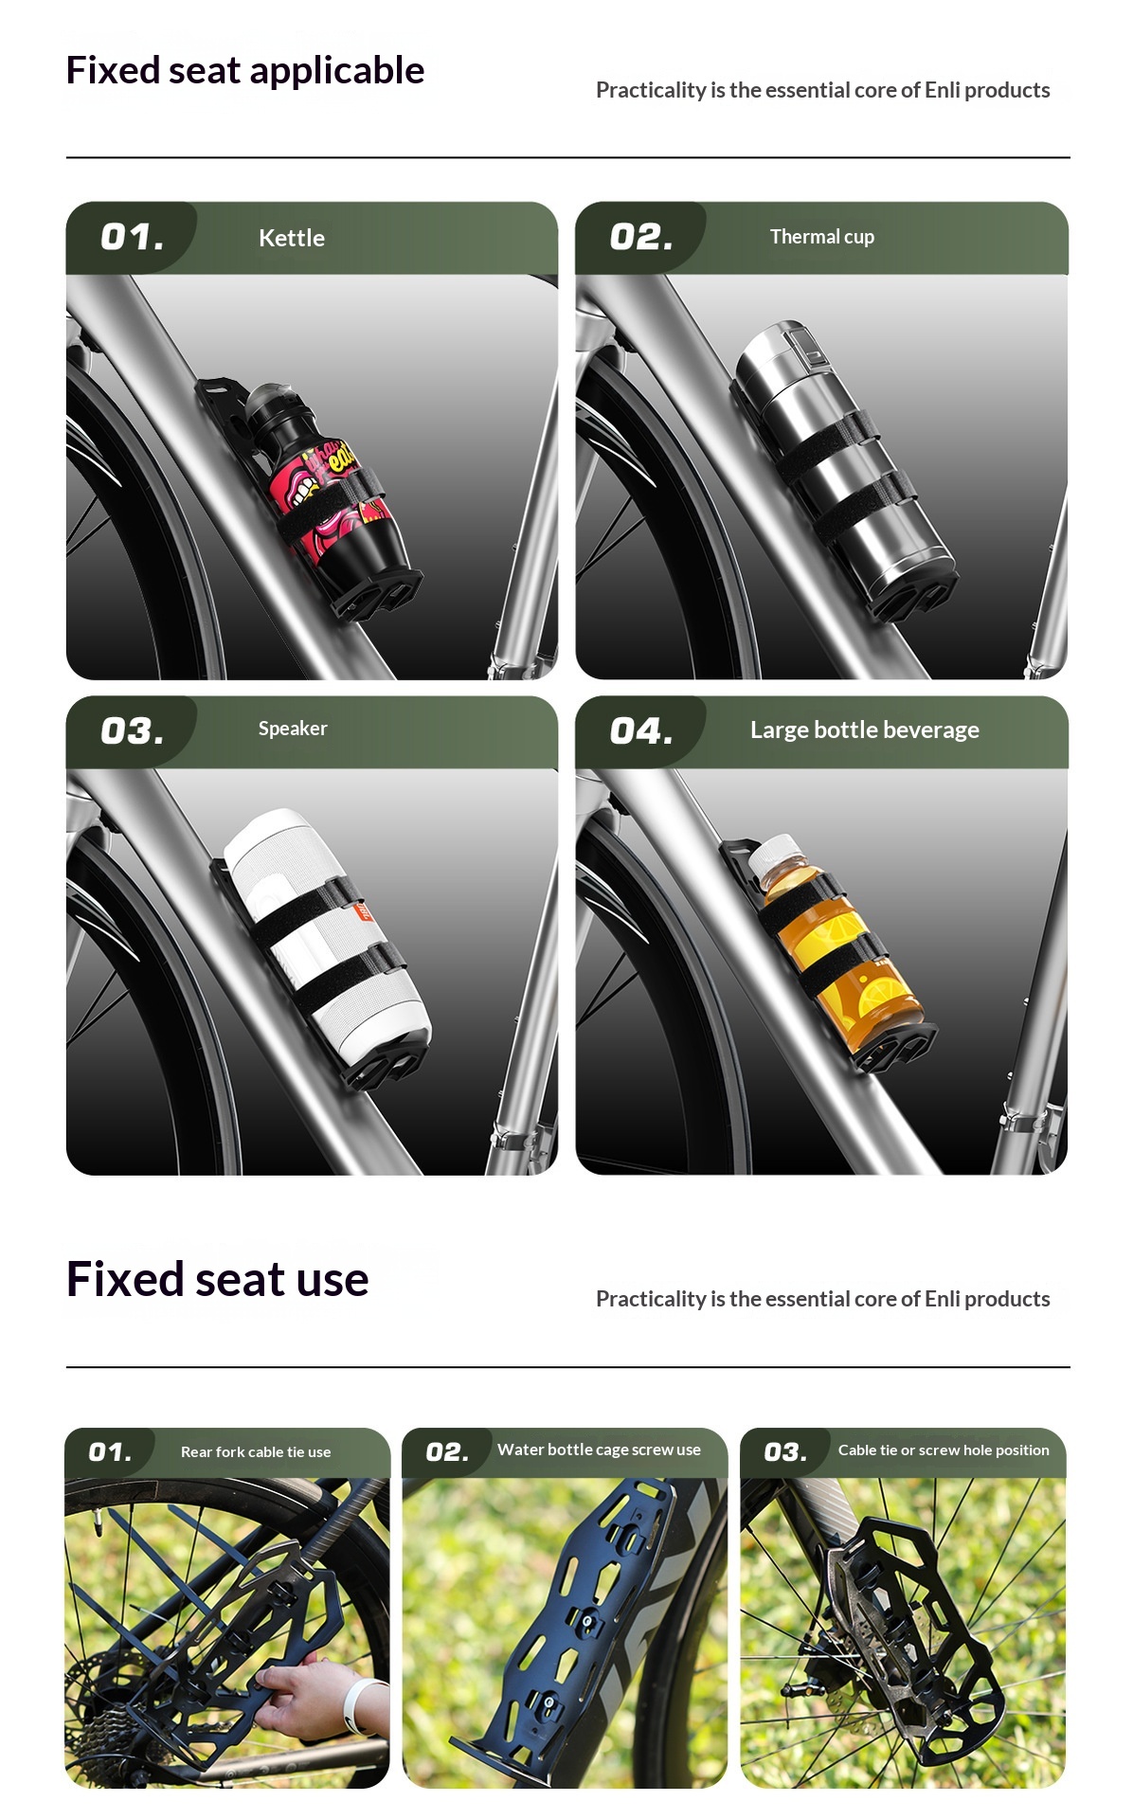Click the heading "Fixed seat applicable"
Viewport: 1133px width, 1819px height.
pyautogui.click(x=245, y=70)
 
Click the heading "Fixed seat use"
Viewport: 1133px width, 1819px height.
pyautogui.click(x=217, y=1279)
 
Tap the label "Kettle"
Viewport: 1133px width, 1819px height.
pyautogui.click(x=292, y=238)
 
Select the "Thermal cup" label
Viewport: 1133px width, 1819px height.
pyautogui.click(x=822, y=237)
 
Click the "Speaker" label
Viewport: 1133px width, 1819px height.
pyautogui.click(x=293, y=729)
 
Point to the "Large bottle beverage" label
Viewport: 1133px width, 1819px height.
pyautogui.click(x=865, y=729)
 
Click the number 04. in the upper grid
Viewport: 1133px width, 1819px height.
pyautogui.click(x=641, y=730)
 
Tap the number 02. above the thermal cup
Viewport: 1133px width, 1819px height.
pyautogui.click(x=641, y=237)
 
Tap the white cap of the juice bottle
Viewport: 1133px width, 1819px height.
pyautogui.click(x=775, y=854)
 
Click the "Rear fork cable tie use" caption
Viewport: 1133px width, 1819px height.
pyautogui.click(x=256, y=1452)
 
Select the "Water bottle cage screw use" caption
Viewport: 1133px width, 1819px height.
pyautogui.click(x=599, y=1450)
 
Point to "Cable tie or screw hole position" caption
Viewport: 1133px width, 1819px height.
pyautogui.click(x=944, y=1450)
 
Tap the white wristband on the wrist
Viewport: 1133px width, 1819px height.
pyautogui.click(x=359, y=1704)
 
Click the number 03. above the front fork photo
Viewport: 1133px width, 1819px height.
pyautogui.click(x=785, y=1452)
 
